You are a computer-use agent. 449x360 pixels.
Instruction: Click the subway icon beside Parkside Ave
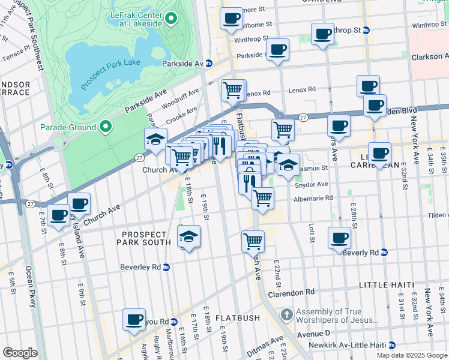coord(209,64)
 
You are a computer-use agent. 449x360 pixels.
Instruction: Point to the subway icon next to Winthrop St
coord(367,30)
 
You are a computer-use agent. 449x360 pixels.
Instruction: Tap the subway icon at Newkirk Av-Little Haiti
coord(391,345)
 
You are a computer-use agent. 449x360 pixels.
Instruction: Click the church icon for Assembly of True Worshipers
coord(287,314)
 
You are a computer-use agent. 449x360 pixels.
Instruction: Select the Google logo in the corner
coord(20,353)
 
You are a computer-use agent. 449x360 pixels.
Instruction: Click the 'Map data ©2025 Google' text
coord(411,355)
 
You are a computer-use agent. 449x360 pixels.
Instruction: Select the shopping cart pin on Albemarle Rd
coord(262,197)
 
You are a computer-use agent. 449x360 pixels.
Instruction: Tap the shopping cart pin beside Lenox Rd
coord(232,90)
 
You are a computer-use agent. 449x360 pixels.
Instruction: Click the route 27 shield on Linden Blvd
coord(304,117)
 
